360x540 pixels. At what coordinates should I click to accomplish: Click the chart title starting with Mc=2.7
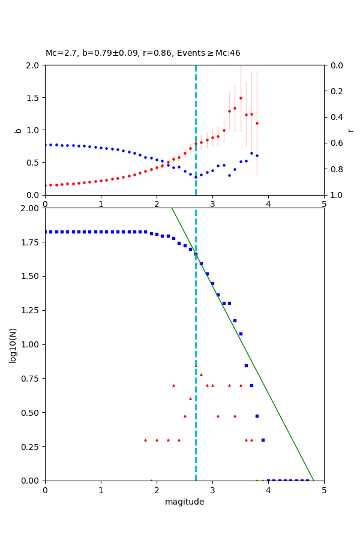pyautogui.click(x=143, y=53)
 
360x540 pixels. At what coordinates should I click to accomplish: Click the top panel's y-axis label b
pyautogui.click(x=18, y=130)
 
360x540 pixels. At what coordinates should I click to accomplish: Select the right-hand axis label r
pyautogui.click(x=351, y=130)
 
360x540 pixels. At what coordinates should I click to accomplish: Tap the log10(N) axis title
pyautogui.click(x=13, y=344)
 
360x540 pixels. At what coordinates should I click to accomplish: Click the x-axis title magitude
pyautogui.click(x=184, y=502)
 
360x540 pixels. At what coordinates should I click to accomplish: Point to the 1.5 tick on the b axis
pyautogui.click(x=34, y=98)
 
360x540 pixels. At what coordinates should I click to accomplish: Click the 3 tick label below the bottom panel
pyautogui.click(x=212, y=490)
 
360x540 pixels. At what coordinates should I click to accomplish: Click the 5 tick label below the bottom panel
pyautogui.click(x=324, y=490)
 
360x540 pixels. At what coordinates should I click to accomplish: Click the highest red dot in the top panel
pyautogui.click(x=241, y=98)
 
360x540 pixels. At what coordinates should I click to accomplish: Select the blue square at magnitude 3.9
pyautogui.click(x=263, y=440)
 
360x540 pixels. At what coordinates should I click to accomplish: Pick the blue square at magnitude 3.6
pyautogui.click(x=246, y=365)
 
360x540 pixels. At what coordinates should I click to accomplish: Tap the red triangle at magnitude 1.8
pyautogui.click(x=145, y=440)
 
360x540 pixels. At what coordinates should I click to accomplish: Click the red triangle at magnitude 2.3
pyautogui.click(x=173, y=385)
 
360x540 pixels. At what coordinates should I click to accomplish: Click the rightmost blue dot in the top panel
pyautogui.click(x=257, y=155)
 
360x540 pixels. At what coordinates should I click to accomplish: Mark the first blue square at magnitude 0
pyautogui.click(x=46, y=232)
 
